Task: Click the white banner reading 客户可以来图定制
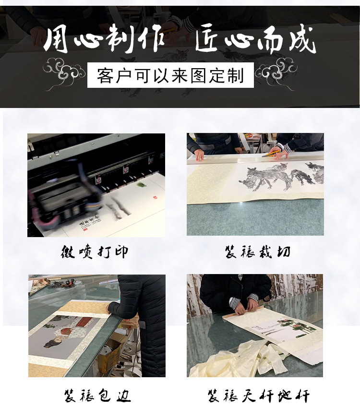(170, 76)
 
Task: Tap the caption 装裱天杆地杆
(258, 396)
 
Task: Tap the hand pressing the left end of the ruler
(199, 155)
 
